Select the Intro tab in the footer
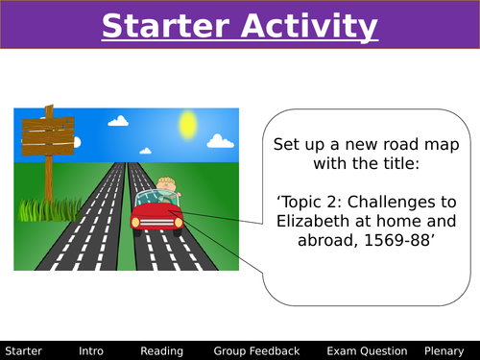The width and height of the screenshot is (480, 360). coord(92,351)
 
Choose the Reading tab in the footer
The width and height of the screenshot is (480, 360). coord(161,351)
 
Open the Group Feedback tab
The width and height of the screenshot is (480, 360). coord(256,351)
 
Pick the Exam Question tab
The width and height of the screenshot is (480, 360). coord(367,351)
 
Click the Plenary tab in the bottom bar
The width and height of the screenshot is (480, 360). coord(446,351)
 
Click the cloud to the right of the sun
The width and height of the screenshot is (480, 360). coord(221,141)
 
